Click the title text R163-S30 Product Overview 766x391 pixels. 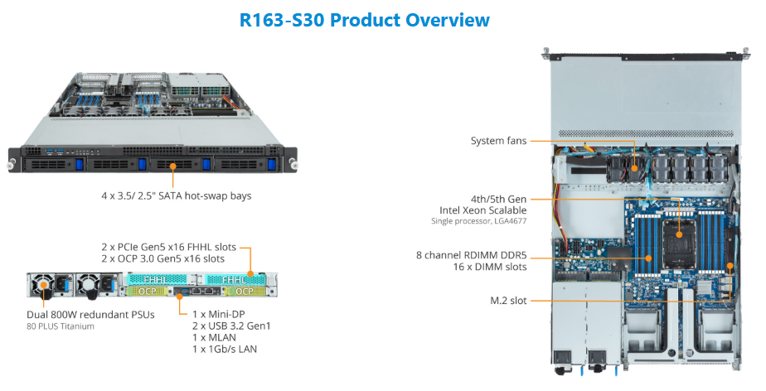(365, 20)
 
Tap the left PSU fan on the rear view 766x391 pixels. (42, 287)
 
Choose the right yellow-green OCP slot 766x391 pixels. (245, 292)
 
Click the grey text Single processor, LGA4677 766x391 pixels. (478, 221)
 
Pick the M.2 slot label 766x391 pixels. (507, 300)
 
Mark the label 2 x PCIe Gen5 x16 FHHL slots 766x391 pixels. (168, 247)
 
